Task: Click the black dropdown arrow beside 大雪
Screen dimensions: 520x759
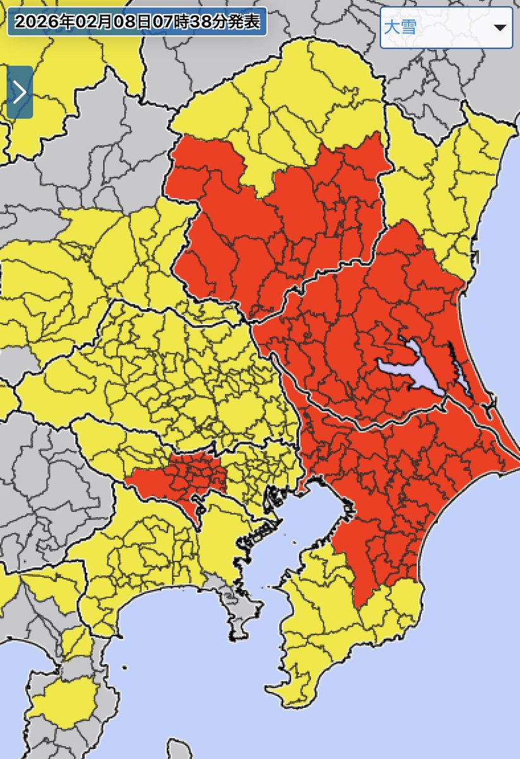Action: [500, 28]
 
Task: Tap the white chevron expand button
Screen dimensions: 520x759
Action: [20, 92]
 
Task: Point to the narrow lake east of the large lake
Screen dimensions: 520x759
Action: [459, 370]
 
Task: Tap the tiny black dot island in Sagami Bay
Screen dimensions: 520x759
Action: [124, 667]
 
